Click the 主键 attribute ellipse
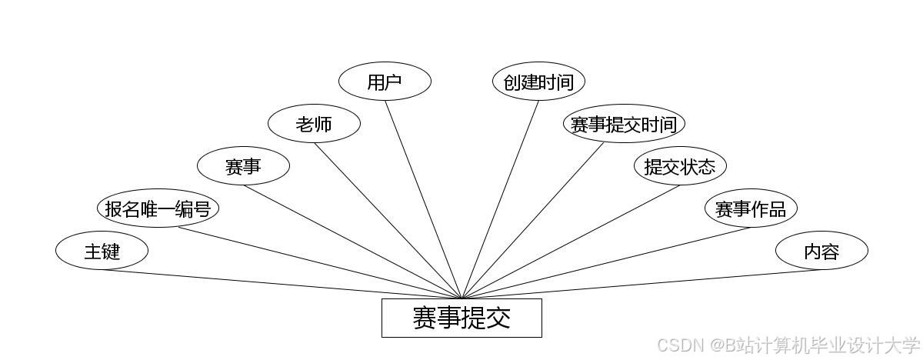tap(101, 251)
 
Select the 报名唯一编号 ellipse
tap(158, 208)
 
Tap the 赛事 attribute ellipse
tap(243, 166)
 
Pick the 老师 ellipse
tap(314, 124)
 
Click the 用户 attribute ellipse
tap(385, 82)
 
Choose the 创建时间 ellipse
tap(538, 82)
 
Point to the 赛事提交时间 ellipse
tap(624, 124)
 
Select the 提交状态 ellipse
tap(680, 166)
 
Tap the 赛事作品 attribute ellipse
tap(751, 208)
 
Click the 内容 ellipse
tap(821, 251)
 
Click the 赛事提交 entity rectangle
tap(461, 318)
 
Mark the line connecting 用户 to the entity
tap(423, 199)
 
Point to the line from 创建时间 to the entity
tap(500, 199)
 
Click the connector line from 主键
tap(281, 284)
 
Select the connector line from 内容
tap(641, 284)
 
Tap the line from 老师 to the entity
tap(388, 221)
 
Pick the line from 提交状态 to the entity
tap(571, 242)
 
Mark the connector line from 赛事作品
tap(606, 263)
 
